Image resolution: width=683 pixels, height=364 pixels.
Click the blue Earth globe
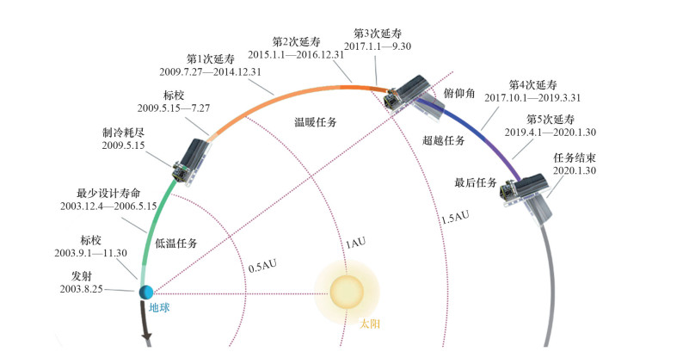(145, 293)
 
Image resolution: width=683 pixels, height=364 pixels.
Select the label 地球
(160, 307)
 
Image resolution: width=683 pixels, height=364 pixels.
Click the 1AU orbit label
(356, 243)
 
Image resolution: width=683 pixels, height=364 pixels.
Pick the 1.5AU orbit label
(454, 218)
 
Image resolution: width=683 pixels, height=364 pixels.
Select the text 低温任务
(176, 244)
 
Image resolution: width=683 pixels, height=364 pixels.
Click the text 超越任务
(444, 139)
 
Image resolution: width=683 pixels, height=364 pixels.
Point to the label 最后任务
(476, 182)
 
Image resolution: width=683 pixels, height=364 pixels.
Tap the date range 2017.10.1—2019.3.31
(534, 98)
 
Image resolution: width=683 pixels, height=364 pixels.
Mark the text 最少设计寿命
(108, 193)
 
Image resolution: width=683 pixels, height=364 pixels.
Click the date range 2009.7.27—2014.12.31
(211, 71)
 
